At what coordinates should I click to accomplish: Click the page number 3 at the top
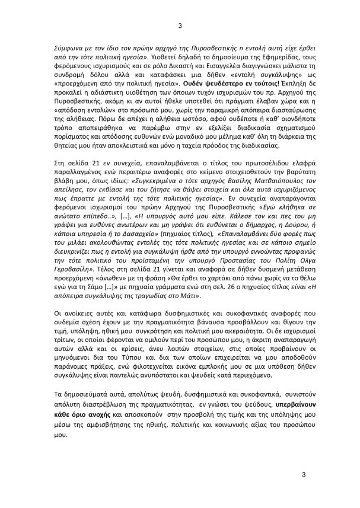tap(180, 24)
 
